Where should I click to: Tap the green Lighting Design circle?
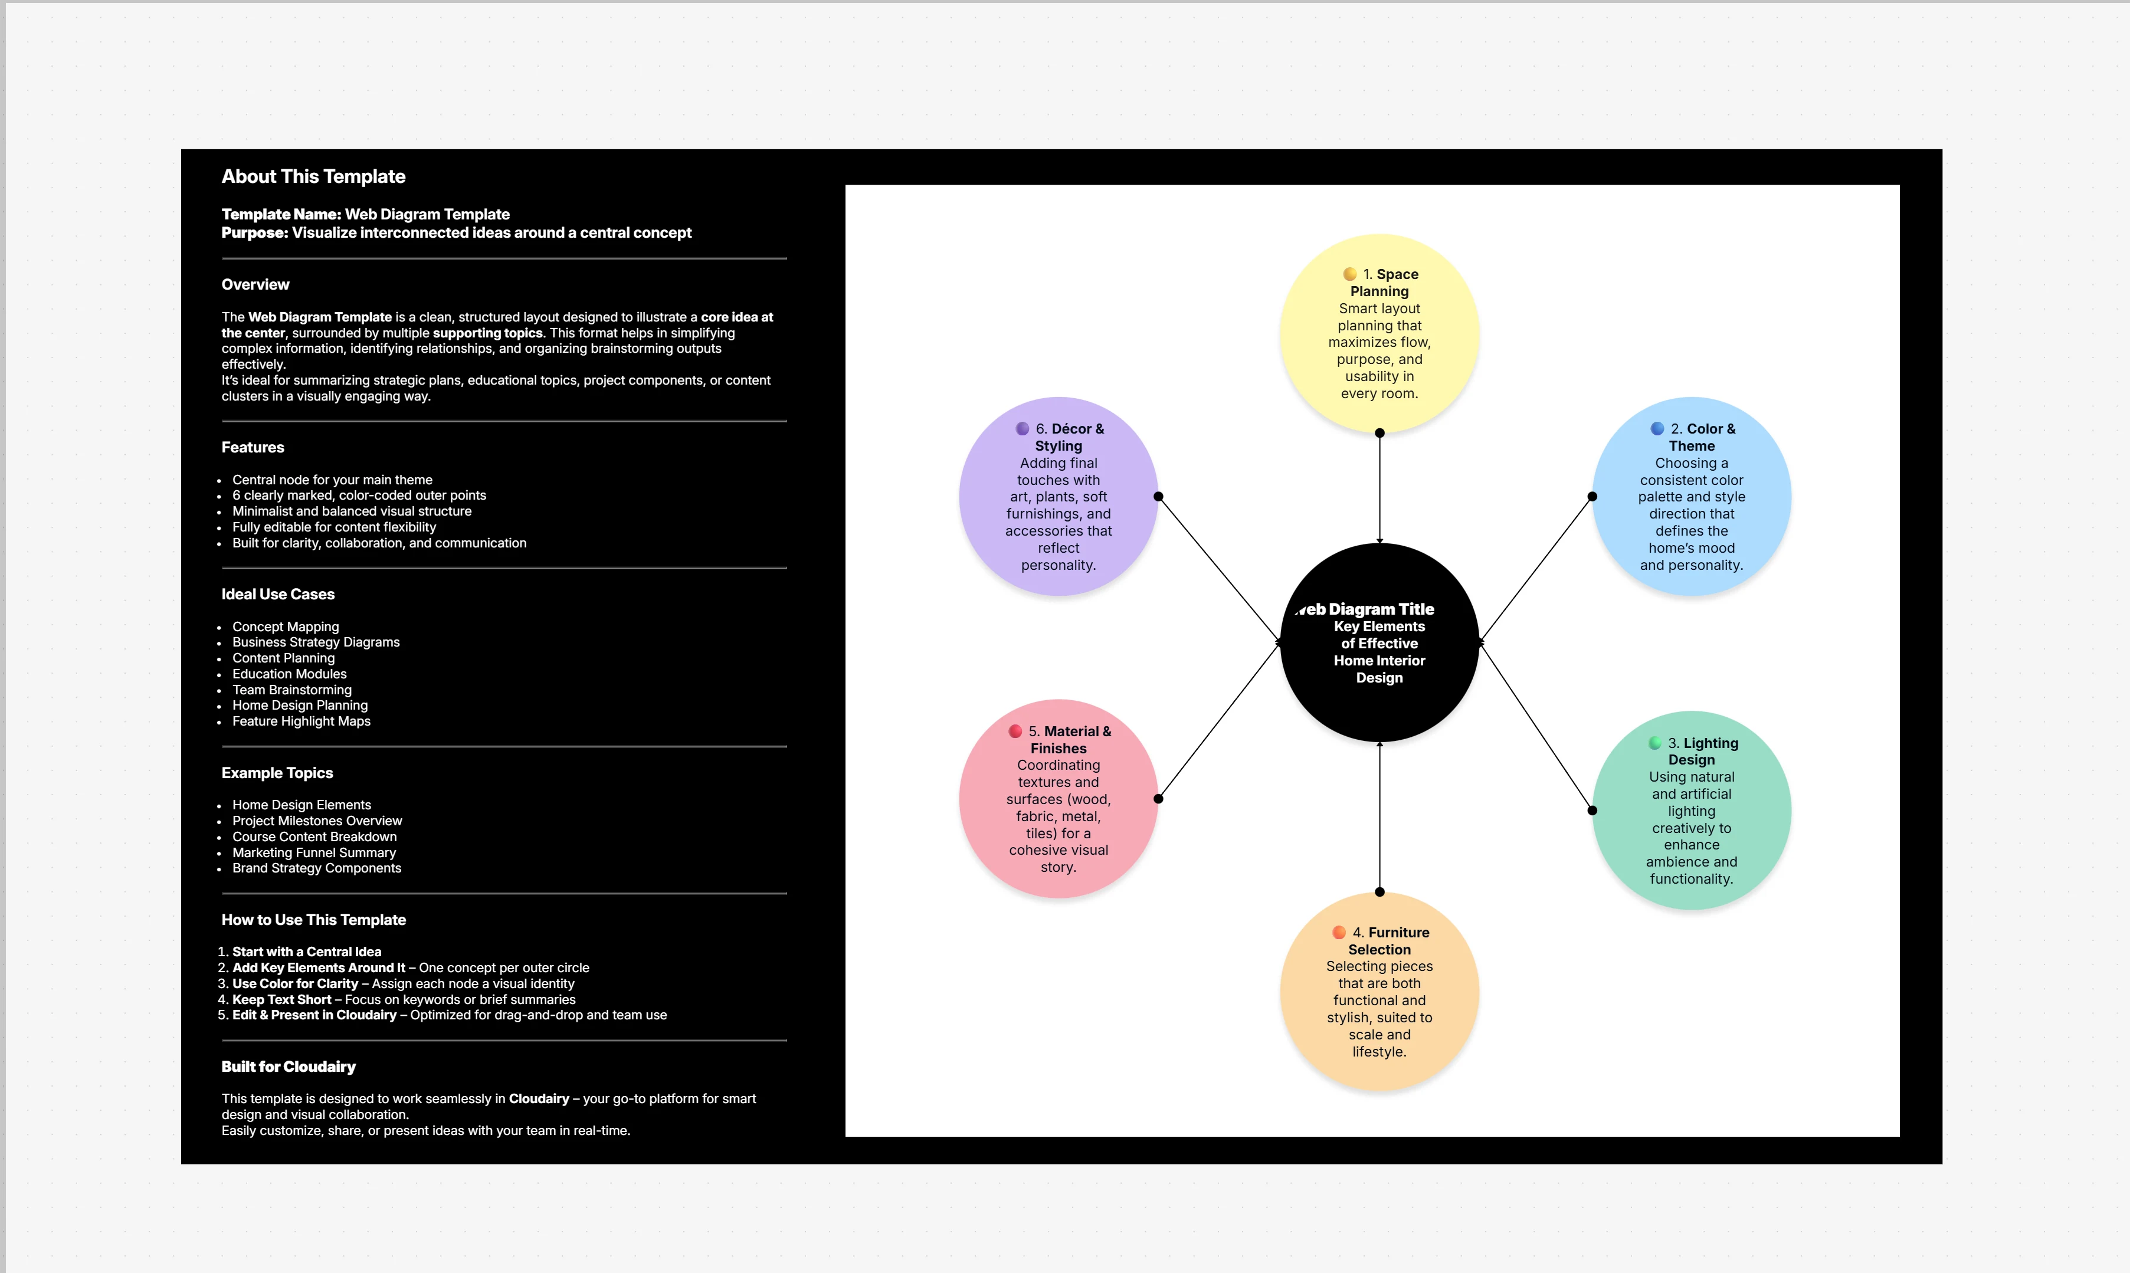pos(1691,810)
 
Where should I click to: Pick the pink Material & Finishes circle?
pos(1058,799)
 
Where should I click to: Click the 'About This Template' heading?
pos(313,177)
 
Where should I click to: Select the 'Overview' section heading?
pos(255,285)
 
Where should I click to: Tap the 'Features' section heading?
pos(252,447)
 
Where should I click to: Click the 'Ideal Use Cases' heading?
pos(278,595)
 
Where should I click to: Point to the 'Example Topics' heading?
pos(277,773)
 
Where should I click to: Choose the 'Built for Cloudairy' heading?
pos(289,1067)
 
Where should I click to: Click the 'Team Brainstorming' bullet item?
pos(291,690)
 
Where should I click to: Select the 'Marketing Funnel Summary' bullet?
pos(314,852)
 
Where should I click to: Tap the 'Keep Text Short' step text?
pos(281,999)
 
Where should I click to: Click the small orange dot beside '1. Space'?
pos(1349,274)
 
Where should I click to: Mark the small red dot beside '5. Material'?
pos(1015,731)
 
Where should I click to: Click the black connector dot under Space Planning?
pos(1379,433)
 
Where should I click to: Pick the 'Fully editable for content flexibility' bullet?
pos(334,527)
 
